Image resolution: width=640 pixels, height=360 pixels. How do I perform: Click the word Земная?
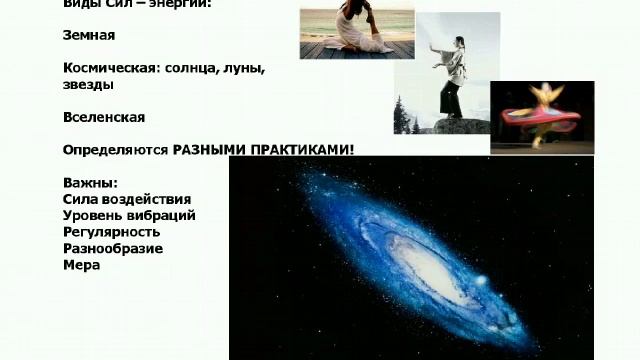(x=88, y=35)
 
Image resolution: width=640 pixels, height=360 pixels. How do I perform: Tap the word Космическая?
(x=110, y=68)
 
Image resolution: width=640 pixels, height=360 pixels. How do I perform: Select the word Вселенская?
(x=103, y=117)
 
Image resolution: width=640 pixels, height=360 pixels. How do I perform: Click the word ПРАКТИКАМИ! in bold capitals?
(x=304, y=150)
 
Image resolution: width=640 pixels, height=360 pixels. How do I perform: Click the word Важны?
(x=89, y=182)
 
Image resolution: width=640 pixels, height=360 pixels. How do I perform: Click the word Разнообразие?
(x=112, y=248)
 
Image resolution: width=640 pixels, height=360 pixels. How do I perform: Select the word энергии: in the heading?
(x=190, y=4)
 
